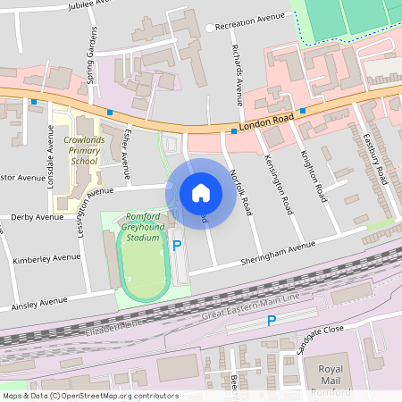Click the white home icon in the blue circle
tap(201, 193)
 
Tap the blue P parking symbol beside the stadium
tap(177, 245)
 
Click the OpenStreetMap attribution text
tap(89, 396)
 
